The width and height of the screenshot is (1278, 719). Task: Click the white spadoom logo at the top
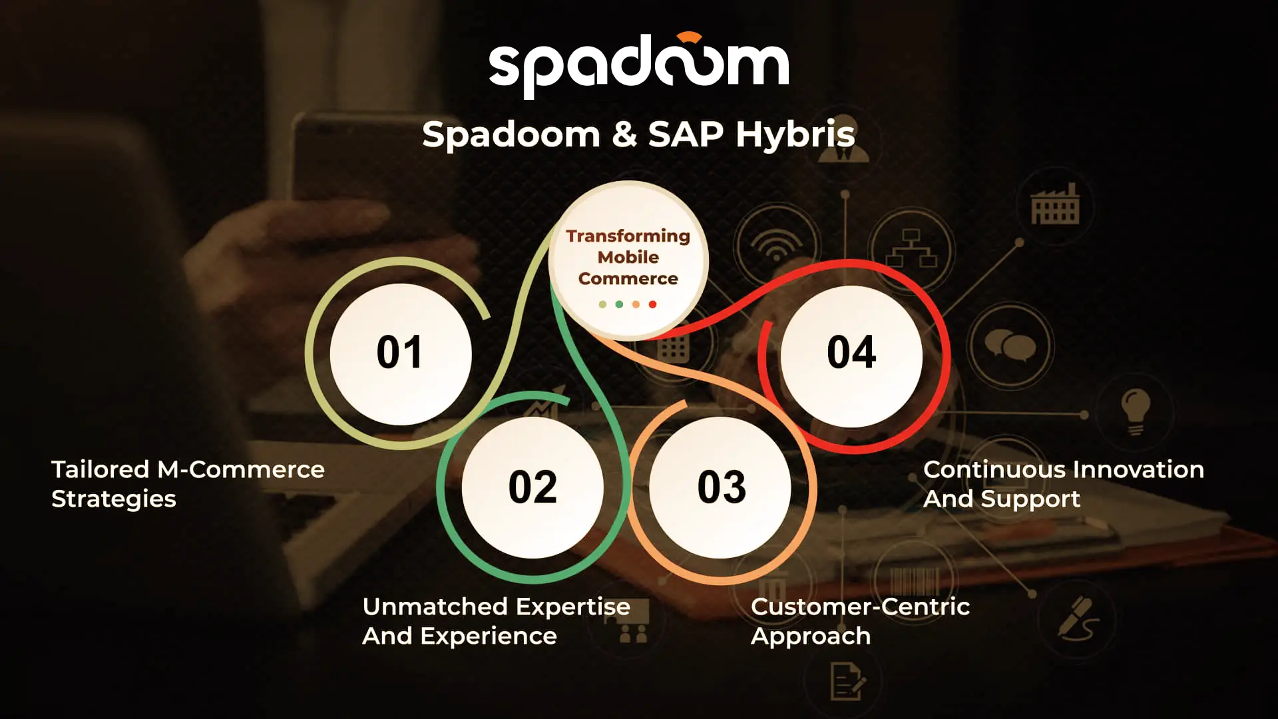pos(639,65)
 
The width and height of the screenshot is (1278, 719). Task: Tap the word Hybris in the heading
pos(795,134)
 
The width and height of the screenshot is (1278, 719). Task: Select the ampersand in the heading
pos(624,134)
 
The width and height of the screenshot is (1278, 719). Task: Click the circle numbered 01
pos(401,354)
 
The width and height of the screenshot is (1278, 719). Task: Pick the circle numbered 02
pos(532,487)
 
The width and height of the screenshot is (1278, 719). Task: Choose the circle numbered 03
pos(721,487)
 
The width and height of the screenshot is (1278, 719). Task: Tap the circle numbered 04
pos(851,356)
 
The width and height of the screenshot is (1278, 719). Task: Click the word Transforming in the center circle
pos(628,236)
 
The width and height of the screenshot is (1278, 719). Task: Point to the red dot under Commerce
pos(653,304)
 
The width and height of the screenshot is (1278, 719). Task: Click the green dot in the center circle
pos(619,304)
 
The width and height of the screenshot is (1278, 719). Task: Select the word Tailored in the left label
pos(101,469)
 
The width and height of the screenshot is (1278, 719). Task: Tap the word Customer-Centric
pos(860,606)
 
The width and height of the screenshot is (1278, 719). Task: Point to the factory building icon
pos(1055,204)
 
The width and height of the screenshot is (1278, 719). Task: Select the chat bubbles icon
pos(1010,346)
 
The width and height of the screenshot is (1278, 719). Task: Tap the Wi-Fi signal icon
pos(775,246)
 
